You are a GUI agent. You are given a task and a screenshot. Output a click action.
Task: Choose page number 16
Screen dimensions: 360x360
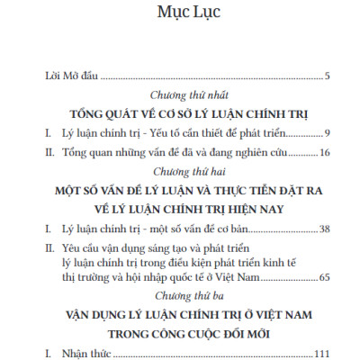tap(324, 154)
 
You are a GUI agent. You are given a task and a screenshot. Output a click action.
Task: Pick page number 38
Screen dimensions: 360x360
tap(324, 229)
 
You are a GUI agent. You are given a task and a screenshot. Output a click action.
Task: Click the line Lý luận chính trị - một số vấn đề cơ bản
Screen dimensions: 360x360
tap(135, 229)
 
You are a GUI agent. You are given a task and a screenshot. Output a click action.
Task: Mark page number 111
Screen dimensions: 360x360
tap(321, 354)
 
